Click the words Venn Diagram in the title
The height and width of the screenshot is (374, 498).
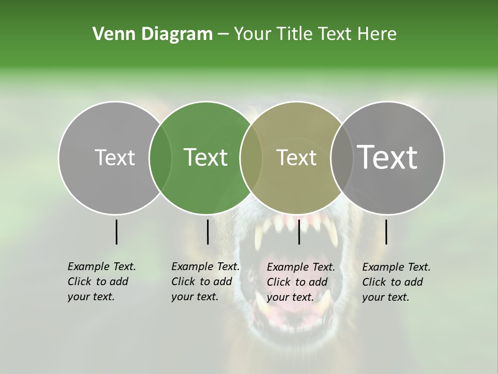(x=153, y=34)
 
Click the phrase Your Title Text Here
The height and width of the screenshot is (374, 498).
(x=315, y=34)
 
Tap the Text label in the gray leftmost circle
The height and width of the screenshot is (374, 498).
(x=115, y=157)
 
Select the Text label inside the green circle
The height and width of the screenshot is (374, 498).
(x=206, y=157)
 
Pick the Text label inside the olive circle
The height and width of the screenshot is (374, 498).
(x=296, y=157)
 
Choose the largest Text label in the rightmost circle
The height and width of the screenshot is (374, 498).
(x=388, y=157)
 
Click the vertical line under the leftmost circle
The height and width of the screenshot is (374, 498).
(x=116, y=232)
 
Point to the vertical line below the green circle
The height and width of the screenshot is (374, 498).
(x=208, y=232)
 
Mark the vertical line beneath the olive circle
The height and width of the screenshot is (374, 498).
(x=299, y=232)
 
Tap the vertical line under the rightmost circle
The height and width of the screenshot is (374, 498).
(x=386, y=232)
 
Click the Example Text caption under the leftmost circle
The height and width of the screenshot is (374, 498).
(x=101, y=281)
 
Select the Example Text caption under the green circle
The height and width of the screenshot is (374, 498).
(x=205, y=281)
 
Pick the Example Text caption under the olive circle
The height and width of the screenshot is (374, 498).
(x=300, y=282)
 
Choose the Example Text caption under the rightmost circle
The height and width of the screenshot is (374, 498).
(x=396, y=282)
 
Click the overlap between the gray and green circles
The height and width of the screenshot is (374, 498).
(x=160, y=157)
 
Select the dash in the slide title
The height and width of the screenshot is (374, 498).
(x=223, y=35)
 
